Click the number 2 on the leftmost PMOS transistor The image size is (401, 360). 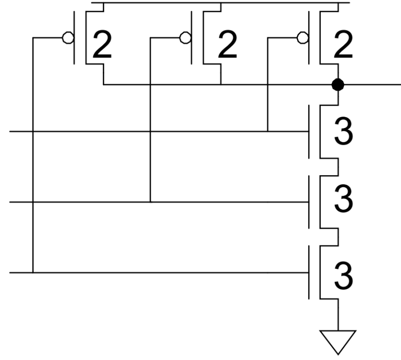click(x=103, y=46)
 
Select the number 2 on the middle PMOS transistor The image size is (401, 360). click(x=227, y=46)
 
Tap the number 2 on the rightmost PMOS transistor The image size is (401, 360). click(x=343, y=46)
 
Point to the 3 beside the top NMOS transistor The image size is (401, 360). click(x=343, y=132)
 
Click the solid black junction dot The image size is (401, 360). click(x=338, y=85)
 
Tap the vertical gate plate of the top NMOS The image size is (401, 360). click(x=310, y=132)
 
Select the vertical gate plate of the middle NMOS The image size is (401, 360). click(x=310, y=202)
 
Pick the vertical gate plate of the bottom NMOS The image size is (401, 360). click(x=310, y=273)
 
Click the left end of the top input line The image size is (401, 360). click(x=12, y=132)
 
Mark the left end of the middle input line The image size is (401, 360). click(x=12, y=202)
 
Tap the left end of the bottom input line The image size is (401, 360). click(x=12, y=273)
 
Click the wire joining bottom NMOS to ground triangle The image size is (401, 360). click(x=338, y=315)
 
